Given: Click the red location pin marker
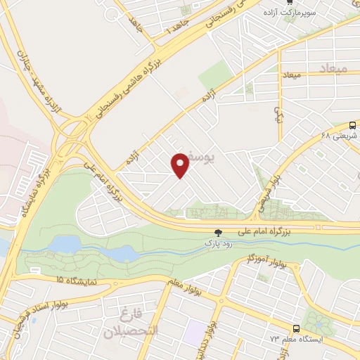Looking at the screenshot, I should (x=181, y=165).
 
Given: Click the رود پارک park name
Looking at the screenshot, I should (x=218, y=243).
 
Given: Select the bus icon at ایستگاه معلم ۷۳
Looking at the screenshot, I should (x=295, y=328).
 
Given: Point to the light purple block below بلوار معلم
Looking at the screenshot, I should (x=195, y=330).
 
